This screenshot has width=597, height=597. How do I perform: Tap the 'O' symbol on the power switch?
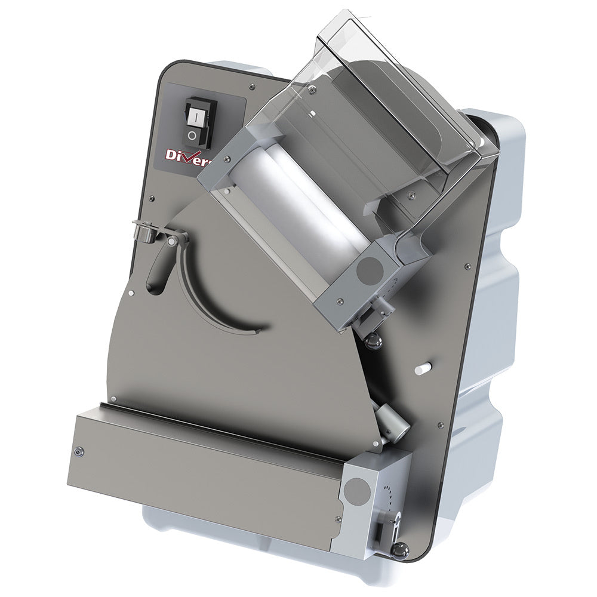(x=192, y=136)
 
